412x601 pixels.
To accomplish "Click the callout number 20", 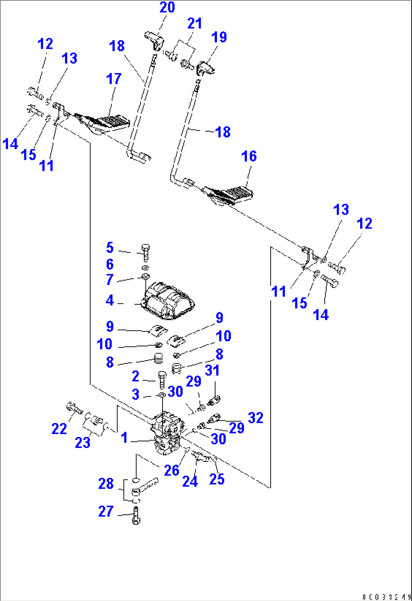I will [x=167, y=7].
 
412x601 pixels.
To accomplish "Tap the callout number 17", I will [x=113, y=79].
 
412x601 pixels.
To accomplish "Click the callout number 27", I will [x=105, y=511].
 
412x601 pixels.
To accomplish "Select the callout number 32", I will [x=256, y=418].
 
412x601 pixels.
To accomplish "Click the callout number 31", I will [x=212, y=370].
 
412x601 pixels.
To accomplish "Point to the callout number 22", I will [x=59, y=429].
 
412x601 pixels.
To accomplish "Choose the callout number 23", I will [x=82, y=442].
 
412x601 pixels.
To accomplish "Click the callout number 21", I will [x=195, y=23].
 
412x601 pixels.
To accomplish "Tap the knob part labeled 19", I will [x=206, y=68].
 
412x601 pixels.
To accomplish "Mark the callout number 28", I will [x=105, y=483].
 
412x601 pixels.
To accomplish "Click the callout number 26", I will [x=171, y=470].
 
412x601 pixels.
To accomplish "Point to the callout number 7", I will [x=109, y=280].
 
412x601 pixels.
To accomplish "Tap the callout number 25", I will [x=217, y=479].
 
